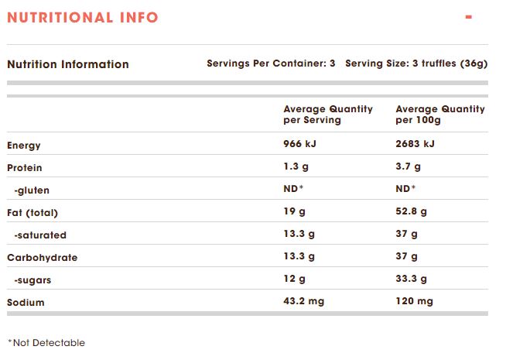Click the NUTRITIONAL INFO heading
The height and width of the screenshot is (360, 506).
coord(82,17)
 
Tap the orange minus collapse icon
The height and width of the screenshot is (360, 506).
coord(469,16)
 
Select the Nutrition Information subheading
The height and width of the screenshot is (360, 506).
coord(68,64)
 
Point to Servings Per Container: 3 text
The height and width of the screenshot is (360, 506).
coord(271,63)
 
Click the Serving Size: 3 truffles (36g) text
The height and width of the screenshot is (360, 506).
coord(416,63)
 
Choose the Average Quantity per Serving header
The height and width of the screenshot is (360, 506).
coord(328,115)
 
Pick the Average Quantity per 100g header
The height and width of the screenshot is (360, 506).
coord(440,115)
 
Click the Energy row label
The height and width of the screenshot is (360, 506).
coord(24,146)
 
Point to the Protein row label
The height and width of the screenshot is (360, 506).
coord(25,168)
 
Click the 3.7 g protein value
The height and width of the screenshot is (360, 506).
coord(409,167)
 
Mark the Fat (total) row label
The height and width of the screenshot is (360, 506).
coord(32,213)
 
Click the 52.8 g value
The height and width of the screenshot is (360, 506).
coord(413,212)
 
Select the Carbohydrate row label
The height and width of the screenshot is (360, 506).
coord(43,258)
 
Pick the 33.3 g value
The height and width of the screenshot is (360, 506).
coord(413,279)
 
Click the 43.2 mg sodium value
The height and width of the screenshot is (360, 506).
coord(304,302)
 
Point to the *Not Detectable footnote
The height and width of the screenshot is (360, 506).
coord(46,343)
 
